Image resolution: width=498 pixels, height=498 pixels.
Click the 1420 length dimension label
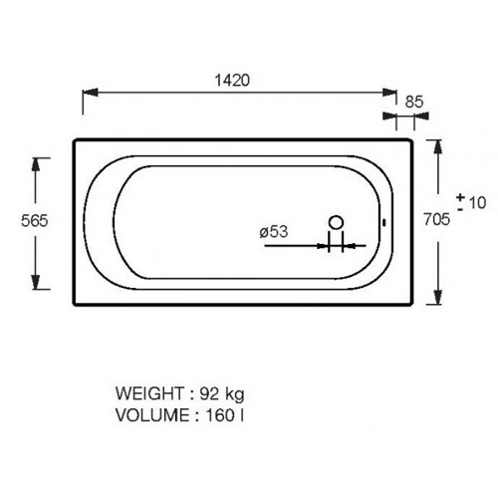point(232,81)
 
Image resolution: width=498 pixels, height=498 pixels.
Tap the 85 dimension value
point(414,102)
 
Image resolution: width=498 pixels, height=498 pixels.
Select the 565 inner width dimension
point(35,220)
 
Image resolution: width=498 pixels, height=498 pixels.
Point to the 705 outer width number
point(437,219)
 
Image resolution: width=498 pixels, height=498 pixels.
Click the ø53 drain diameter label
point(274,231)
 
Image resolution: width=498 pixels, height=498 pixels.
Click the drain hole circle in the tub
point(336,222)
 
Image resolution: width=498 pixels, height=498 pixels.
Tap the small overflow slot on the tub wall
point(384,222)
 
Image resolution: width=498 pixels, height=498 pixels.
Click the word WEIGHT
point(149,393)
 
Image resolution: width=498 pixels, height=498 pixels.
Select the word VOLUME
point(152,415)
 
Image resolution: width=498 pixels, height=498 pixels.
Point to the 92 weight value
point(209,393)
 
